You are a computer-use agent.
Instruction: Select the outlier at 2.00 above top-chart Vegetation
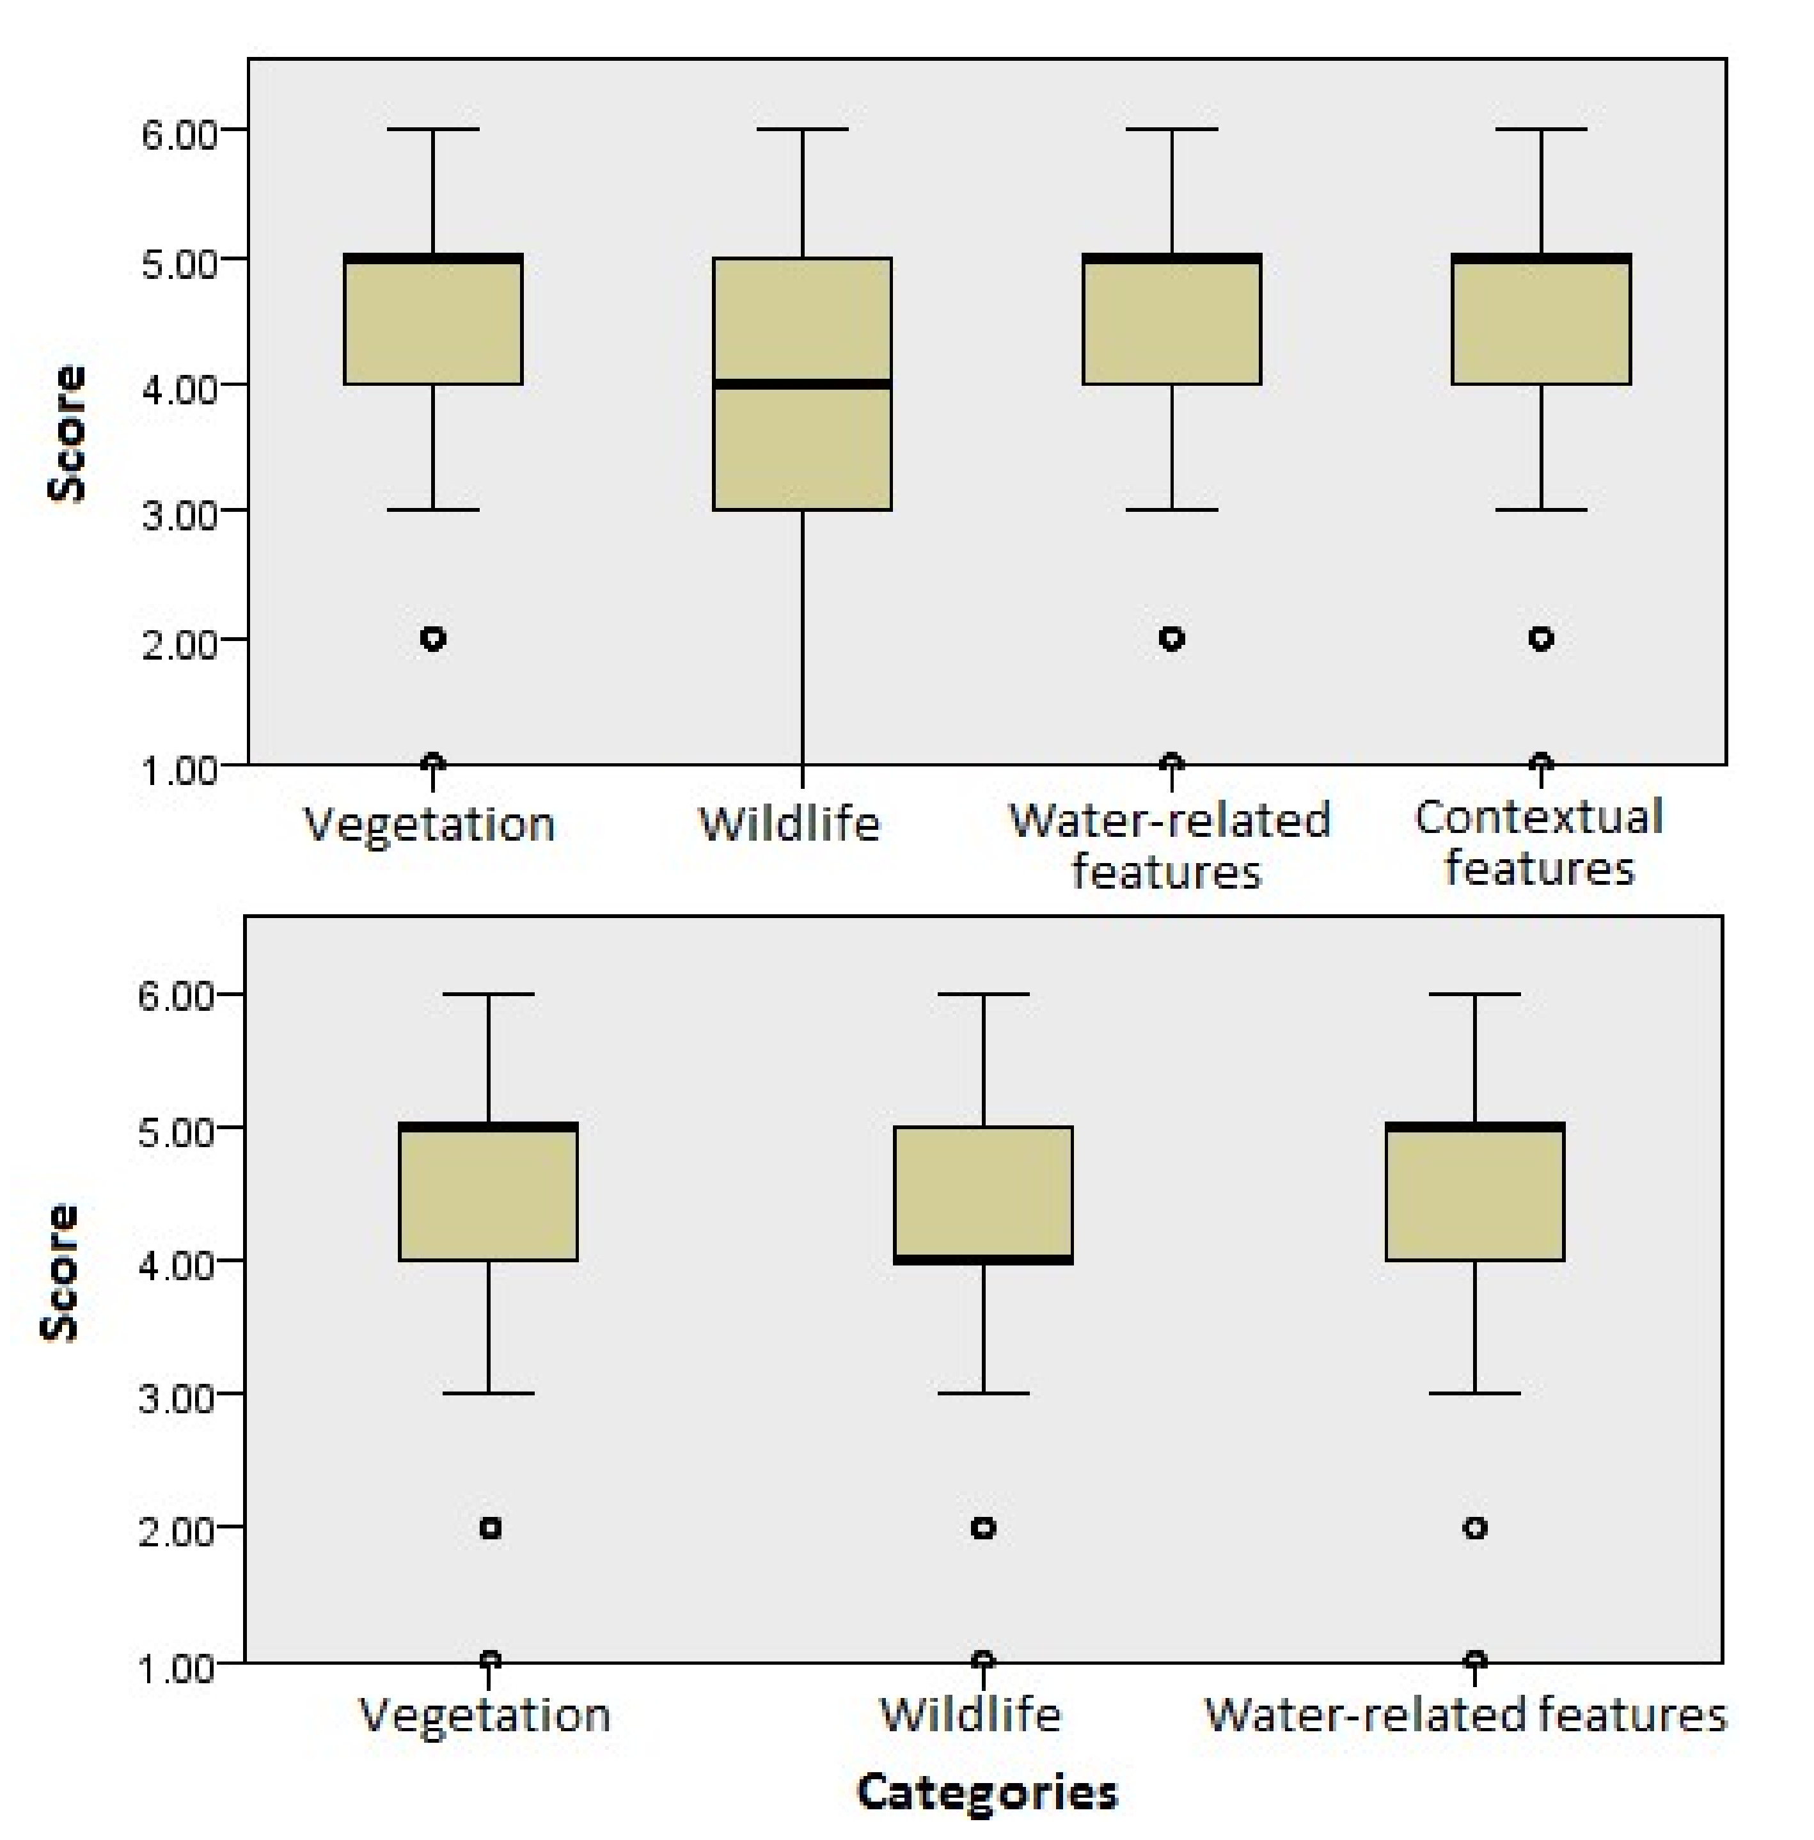click(433, 638)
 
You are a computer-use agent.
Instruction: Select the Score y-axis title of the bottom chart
click(59, 1273)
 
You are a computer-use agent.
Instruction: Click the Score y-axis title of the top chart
click(66, 433)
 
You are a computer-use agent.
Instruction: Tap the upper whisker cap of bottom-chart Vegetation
click(489, 994)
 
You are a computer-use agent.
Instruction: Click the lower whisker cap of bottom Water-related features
click(1474, 1393)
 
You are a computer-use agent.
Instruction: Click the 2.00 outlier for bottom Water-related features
click(1474, 1528)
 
